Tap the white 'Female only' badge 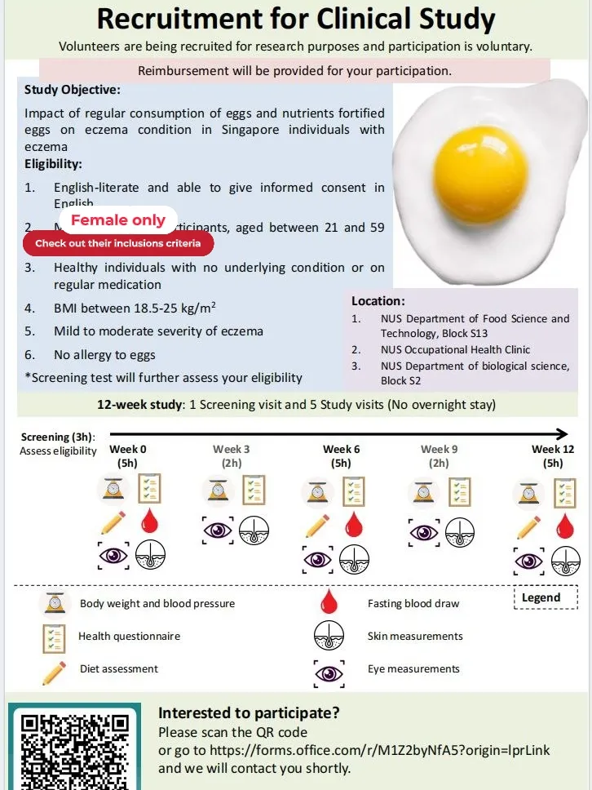pos(118,220)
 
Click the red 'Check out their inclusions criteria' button pos(117,243)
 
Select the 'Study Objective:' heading pos(73,90)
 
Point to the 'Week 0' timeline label pos(128,449)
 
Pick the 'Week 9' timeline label pos(439,449)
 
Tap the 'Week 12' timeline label pos(553,449)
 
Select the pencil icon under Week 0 pos(113,524)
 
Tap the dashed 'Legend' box pos(541,597)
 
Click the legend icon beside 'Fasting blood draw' pos(329,603)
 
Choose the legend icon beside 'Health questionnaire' pos(55,637)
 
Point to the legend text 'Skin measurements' pos(415,637)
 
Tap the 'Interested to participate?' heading pos(249,713)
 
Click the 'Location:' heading pos(378,301)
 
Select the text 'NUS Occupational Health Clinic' pos(455,349)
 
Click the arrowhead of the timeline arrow pos(561,434)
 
